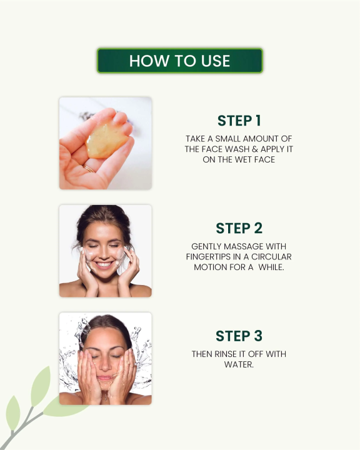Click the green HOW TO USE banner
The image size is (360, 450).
click(x=179, y=61)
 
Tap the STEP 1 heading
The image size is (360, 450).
click(x=239, y=121)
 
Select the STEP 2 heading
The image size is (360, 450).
click(x=239, y=228)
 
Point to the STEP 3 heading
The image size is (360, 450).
click(x=239, y=336)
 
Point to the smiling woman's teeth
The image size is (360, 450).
click(x=105, y=264)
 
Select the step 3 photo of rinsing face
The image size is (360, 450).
click(x=105, y=359)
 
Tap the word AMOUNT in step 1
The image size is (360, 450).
click(x=262, y=138)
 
